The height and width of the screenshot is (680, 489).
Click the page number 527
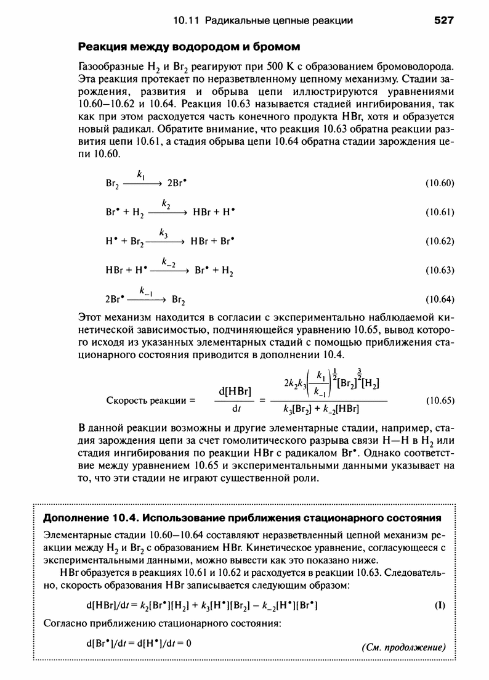pos(443,21)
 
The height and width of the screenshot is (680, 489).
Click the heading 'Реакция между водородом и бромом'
pos(187,46)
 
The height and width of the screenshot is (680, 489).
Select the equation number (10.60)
pos(439,183)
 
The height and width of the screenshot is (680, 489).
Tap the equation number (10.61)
pos(439,213)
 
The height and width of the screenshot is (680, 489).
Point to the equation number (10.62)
pos(439,242)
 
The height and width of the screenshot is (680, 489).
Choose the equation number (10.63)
pos(439,271)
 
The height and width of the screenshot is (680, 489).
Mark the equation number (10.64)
pos(439,300)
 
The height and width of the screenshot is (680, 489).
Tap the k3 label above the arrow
pos(163,233)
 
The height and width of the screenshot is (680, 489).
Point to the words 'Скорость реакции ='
pos(150,400)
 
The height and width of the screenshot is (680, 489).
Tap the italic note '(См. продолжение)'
pos(402,647)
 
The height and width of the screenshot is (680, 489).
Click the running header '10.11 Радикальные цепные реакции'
pos(263,21)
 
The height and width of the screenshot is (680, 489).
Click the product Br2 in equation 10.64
pos(180,300)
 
